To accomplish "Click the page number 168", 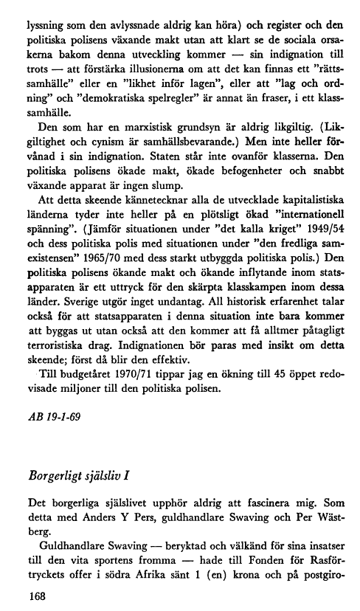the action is coord(35,594).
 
